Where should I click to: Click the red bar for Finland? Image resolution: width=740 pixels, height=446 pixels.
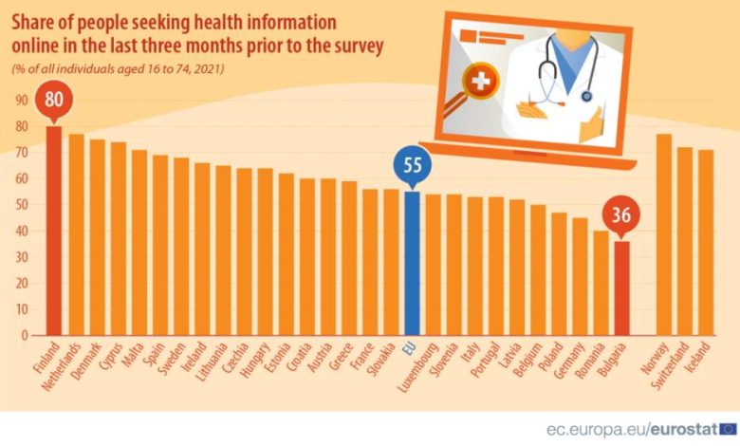tap(54, 232)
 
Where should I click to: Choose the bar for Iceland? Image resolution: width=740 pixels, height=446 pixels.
tap(706, 242)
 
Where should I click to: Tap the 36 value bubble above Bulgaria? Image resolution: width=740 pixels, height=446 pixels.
tap(622, 214)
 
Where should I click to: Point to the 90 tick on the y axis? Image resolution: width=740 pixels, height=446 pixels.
tap(21, 101)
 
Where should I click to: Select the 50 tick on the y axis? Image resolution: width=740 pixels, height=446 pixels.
tap(21, 205)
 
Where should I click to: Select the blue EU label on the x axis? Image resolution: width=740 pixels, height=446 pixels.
tap(409, 349)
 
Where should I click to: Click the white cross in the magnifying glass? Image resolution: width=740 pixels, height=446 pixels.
tap(481, 83)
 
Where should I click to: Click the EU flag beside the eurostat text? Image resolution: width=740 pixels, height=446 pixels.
tap(728, 428)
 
